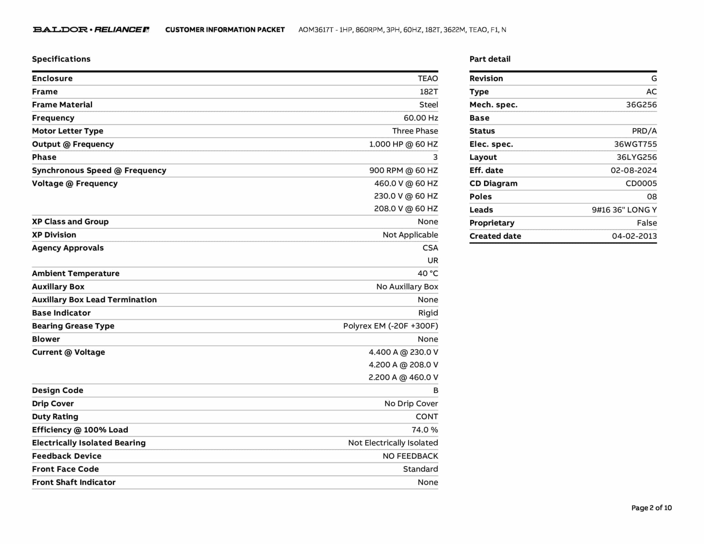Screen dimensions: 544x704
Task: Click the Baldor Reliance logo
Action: coord(91,30)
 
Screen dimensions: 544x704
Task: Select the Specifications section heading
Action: coord(61,59)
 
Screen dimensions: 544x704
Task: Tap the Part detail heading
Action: coord(490,59)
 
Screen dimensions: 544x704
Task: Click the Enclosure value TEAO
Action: coord(428,78)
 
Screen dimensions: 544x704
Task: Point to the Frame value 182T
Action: coord(429,92)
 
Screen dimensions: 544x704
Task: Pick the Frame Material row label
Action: coord(62,105)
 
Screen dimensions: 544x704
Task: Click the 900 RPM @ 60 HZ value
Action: coord(404,171)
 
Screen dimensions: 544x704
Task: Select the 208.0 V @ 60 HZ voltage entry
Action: coord(406,209)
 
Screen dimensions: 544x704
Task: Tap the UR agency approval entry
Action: coord(433,261)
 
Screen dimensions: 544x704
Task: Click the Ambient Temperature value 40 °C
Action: coord(428,274)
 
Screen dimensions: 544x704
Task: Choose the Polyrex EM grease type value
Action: coord(390,326)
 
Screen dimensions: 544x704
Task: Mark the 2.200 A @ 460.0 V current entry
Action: coord(403,378)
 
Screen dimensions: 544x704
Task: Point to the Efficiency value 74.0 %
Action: coord(425,430)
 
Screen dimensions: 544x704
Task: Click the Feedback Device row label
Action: coord(67,456)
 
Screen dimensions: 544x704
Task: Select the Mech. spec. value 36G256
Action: coord(641,105)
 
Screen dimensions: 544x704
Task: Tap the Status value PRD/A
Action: coord(644,131)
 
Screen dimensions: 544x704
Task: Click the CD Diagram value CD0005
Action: coord(641,184)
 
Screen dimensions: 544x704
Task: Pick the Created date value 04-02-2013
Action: coord(634,236)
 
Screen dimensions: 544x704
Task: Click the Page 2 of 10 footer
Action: coord(651,508)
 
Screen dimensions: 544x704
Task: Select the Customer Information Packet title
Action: coord(225,30)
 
